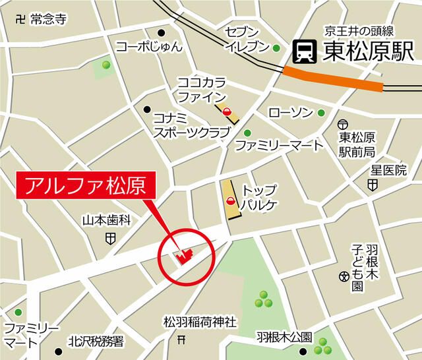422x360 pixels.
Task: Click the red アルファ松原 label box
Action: coord(86,185)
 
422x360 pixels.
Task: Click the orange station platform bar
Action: coord(334,78)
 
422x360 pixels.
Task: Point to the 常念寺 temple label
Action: coord(49,19)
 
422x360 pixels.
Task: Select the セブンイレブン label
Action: coord(247,39)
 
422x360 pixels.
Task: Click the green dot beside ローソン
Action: coord(321,113)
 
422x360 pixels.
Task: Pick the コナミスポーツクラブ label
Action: coord(191,125)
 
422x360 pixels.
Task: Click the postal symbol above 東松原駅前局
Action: coord(342,125)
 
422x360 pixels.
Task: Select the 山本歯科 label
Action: coord(107,220)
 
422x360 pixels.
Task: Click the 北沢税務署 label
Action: coord(96,342)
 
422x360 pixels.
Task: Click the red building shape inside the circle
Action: coord(183,256)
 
